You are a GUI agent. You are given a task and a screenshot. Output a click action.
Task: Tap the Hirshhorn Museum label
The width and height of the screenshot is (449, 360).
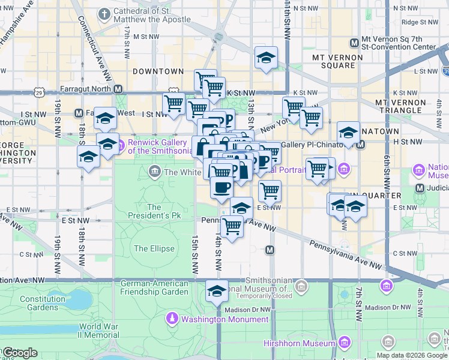tap(299, 343)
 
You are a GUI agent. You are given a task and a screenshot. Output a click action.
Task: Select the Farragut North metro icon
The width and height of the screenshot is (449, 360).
tap(118, 89)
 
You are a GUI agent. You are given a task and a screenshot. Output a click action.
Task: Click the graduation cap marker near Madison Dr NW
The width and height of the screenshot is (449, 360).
tap(217, 292)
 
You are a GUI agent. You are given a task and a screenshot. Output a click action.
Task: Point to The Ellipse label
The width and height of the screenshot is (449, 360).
tap(154, 248)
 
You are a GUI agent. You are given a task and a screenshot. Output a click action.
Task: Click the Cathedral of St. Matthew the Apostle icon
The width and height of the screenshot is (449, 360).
tap(104, 13)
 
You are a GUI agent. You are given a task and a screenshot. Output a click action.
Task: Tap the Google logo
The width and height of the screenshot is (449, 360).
tap(20, 353)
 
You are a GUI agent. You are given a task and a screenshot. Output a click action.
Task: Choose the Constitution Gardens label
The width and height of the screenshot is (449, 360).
tap(42, 303)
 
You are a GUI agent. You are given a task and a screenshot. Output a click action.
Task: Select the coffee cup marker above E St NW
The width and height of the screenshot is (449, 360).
tap(221, 187)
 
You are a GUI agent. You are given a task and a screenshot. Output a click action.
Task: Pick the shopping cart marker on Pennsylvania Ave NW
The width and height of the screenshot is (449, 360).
tap(232, 227)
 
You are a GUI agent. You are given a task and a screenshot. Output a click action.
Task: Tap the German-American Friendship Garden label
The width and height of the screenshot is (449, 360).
tap(154, 287)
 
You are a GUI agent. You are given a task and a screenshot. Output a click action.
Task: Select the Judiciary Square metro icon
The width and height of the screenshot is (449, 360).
tap(420, 188)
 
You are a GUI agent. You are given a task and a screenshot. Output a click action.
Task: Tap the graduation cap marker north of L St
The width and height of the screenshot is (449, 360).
tap(266, 58)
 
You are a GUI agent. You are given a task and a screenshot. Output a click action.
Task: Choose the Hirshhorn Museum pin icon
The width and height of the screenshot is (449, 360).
tap(344, 343)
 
